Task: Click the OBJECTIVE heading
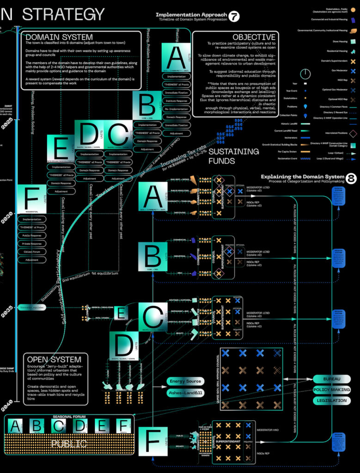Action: tap(254, 37)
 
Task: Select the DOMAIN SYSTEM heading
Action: tap(59, 37)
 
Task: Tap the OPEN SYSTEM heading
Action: tap(54, 359)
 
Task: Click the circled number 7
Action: tap(235, 17)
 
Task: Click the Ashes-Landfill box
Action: tap(186, 393)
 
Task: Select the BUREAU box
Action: tap(332, 379)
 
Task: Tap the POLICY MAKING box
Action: tap(331, 390)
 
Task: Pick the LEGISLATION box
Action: tap(331, 400)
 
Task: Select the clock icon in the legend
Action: tap(305, 73)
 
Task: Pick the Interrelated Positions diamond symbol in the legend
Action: tap(353, 134)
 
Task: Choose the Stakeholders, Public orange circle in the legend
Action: tap(354, 10)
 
